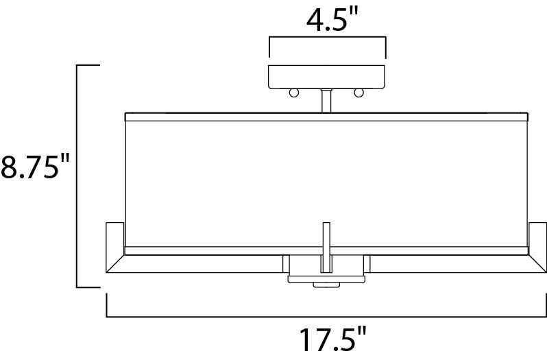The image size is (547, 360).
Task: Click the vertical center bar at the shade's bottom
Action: click(x=326, y=245)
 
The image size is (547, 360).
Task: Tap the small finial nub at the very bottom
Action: click(x=326, y=285)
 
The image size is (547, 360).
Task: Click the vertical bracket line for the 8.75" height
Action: click(x=77, y=176)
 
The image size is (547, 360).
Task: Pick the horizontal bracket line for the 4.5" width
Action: click(x=327, y=39)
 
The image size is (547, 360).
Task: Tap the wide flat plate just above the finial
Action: click(x=327, y=277)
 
